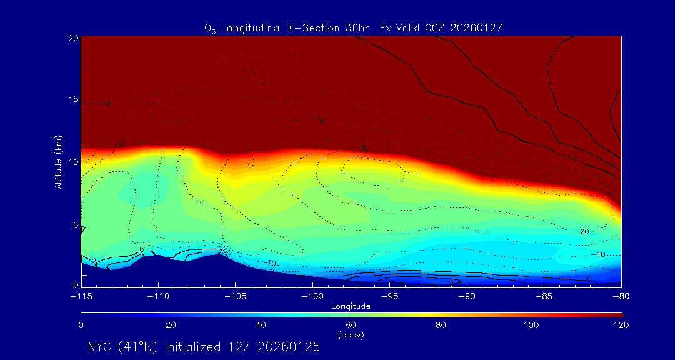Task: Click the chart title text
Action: tap(353, 28)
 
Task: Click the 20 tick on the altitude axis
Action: tap(73, 38)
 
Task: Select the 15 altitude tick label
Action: tap(73, 100)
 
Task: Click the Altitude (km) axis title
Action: tap(59, 162)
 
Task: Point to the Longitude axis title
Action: tap(351, 306)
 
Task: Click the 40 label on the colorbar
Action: tap(261, 325)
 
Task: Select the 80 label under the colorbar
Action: tap(441, 325)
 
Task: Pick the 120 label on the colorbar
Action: tap(621, 325)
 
